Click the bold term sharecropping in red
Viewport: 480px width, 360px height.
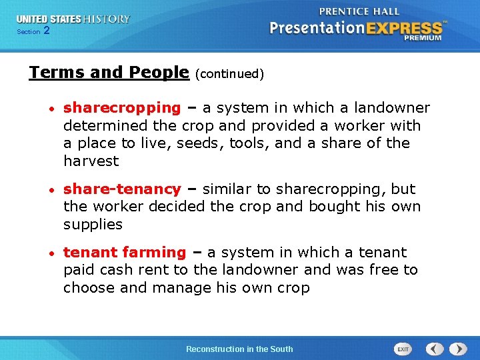(x=122, y=108)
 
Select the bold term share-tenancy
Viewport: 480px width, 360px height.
(x=122, y=189)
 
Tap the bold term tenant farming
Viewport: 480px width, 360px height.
(x=125, y=253)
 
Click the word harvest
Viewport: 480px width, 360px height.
(x=91, y=161)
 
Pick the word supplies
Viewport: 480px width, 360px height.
(x=93, y=225)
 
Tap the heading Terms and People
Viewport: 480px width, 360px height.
(x=109, y=72)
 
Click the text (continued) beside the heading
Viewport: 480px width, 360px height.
(x=230, y=74)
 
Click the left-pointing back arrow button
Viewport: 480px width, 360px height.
(x=435, y=349)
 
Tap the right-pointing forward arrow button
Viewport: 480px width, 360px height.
(x=458, y=349)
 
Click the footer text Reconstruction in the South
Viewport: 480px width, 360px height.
(x=239, y=349)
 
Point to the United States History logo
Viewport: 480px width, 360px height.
(x=73, y=19)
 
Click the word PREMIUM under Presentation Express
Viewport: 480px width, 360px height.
(x=422, y=38)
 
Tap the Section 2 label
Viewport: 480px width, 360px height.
(x=33, y=31)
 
